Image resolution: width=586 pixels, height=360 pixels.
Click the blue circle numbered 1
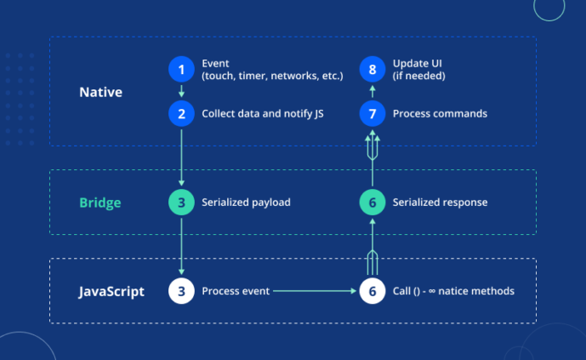(181, 69)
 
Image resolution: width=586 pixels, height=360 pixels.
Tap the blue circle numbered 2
(181, 114)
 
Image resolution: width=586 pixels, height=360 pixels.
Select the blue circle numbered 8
(373, 69)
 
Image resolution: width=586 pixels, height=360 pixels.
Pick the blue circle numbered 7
(373, 114)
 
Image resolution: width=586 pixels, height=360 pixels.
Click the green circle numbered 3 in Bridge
(181, 203)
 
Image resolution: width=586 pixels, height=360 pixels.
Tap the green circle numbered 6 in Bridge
(373, 203)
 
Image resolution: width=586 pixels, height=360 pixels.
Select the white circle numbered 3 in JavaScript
(181, 291)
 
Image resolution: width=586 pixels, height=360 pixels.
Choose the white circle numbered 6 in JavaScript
(373, 291)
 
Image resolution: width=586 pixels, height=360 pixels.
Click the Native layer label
(100, 92)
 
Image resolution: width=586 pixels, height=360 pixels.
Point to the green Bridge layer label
(100, 203)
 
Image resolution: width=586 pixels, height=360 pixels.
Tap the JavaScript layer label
(111, 292)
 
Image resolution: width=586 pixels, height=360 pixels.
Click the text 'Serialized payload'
(246, 203)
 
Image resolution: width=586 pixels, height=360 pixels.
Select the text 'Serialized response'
(440, 203)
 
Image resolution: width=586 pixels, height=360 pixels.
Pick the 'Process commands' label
(440, 114)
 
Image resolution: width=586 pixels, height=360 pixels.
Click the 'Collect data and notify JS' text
(263, 114)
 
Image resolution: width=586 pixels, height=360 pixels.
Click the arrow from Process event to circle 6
(315, 291)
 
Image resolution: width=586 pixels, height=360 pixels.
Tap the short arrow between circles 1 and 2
(181, 91)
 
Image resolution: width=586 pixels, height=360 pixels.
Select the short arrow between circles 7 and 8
(373, 92)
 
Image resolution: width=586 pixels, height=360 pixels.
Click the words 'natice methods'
(476, 291)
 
